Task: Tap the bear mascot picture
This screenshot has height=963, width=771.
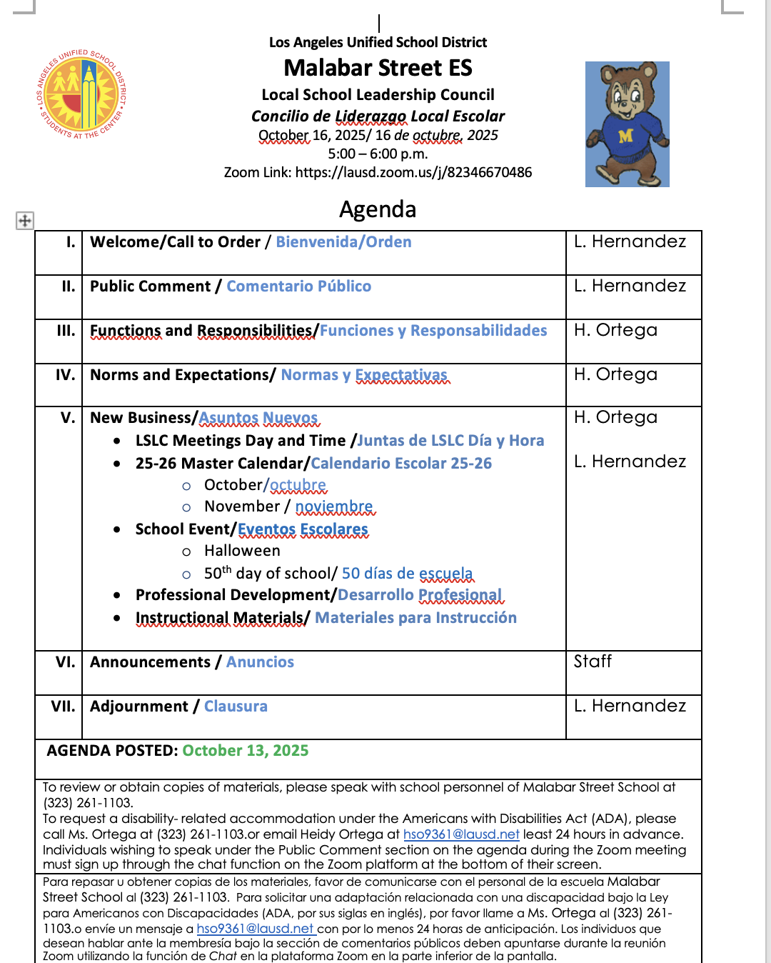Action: pos(627,124)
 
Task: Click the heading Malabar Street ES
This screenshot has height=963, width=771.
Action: pos(378,68)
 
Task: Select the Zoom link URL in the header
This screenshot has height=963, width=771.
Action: pos(413,172)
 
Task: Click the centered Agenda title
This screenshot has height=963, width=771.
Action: pos(378,209)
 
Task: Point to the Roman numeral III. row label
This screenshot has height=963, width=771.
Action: pos(66,331)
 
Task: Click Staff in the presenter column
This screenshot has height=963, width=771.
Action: pos(593,662)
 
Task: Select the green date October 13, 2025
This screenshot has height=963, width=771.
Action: pos(245,751)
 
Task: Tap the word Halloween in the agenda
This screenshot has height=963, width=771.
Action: pos(242,551)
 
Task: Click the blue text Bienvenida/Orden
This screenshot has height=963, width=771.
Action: pos(343,242)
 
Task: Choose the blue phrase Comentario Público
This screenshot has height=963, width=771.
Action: pos(298,286)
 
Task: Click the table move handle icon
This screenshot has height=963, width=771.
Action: pos(25,220)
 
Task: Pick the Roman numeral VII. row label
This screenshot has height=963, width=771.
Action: pos(63,707)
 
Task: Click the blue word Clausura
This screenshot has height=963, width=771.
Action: pos(236,707)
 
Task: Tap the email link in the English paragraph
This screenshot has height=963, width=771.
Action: pos(461,834)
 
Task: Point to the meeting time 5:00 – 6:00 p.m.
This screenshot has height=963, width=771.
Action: pos(378,154)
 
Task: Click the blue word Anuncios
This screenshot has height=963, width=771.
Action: pos(260,662)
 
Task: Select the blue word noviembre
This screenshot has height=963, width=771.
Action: pos(334,507)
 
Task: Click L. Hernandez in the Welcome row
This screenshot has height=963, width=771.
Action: pos(630,241)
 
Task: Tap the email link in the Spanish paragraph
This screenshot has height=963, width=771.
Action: pos(256,929)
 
